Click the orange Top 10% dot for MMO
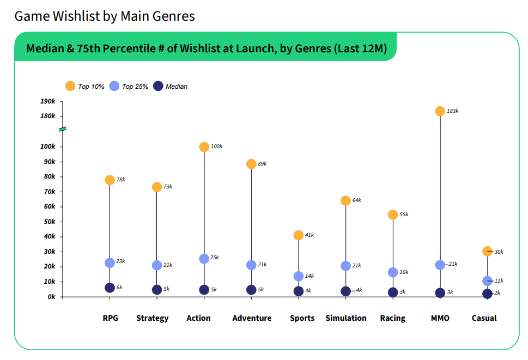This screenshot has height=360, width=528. [x=440, y=111]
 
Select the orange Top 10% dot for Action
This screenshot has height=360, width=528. [x=204, y=147]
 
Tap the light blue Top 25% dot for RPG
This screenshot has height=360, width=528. [x=110, y=263]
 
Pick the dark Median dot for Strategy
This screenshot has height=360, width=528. [x=157, y=290]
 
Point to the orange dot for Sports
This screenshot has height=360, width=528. [x=299, y=235]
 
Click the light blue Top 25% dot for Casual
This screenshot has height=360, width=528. [x=487, y=281]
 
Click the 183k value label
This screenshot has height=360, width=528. [x=452, y=111]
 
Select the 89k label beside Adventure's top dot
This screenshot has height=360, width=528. [x=262, y=164]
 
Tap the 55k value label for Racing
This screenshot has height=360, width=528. [x=404, y=215]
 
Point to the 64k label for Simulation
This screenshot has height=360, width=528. [x=356, y=200]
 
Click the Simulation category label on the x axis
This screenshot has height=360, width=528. [x=346, y=318]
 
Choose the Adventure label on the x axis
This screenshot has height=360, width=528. [x=252, y=318]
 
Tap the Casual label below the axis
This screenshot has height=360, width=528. [x=484, y=318]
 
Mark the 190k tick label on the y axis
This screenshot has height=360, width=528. [x=47, y=101]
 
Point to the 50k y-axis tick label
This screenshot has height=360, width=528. [x=49, y=222]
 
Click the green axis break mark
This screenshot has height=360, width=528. [x=63, y=129]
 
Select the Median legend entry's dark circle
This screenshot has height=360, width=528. [x=158, y=86]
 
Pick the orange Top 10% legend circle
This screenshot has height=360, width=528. [x=70, y=86]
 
